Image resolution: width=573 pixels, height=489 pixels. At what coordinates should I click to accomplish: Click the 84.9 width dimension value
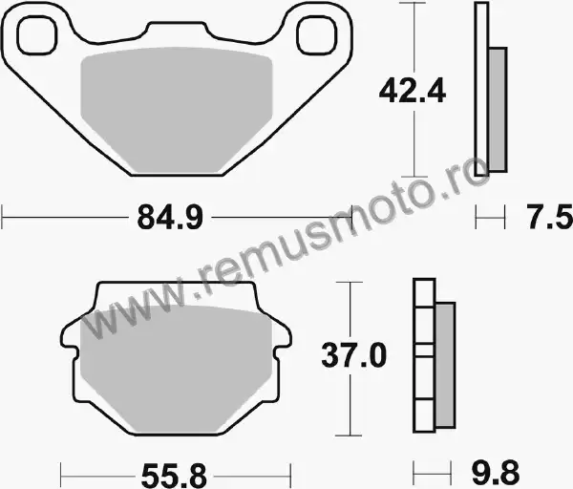pos(170,218)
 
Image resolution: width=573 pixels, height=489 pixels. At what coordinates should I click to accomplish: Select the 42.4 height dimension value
pos(413,90)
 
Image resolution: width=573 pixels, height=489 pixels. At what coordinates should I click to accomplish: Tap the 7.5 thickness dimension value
pos(549,217)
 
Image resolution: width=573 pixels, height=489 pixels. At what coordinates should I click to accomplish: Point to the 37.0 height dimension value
pos(353,355)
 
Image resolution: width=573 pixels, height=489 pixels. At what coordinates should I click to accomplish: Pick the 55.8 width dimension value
pos(174,476)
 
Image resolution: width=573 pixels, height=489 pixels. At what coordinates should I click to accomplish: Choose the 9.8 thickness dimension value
pos(496,473)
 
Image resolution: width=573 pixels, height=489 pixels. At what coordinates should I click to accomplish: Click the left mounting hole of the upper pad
pos(37,36)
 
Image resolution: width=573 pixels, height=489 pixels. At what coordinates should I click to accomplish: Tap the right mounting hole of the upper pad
pos(316,36)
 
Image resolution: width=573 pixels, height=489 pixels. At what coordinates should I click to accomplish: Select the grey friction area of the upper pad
pos(176,110)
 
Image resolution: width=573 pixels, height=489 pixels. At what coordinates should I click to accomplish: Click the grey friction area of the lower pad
pos(176,369)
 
